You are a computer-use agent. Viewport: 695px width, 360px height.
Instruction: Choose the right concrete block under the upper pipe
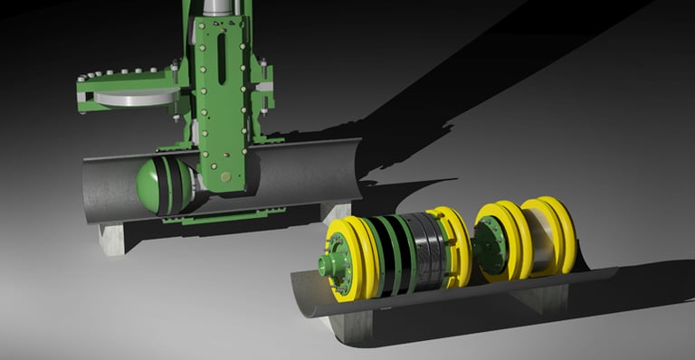[x=335, y=211]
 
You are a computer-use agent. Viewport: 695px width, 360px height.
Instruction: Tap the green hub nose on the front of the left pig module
[x=325, y=264]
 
